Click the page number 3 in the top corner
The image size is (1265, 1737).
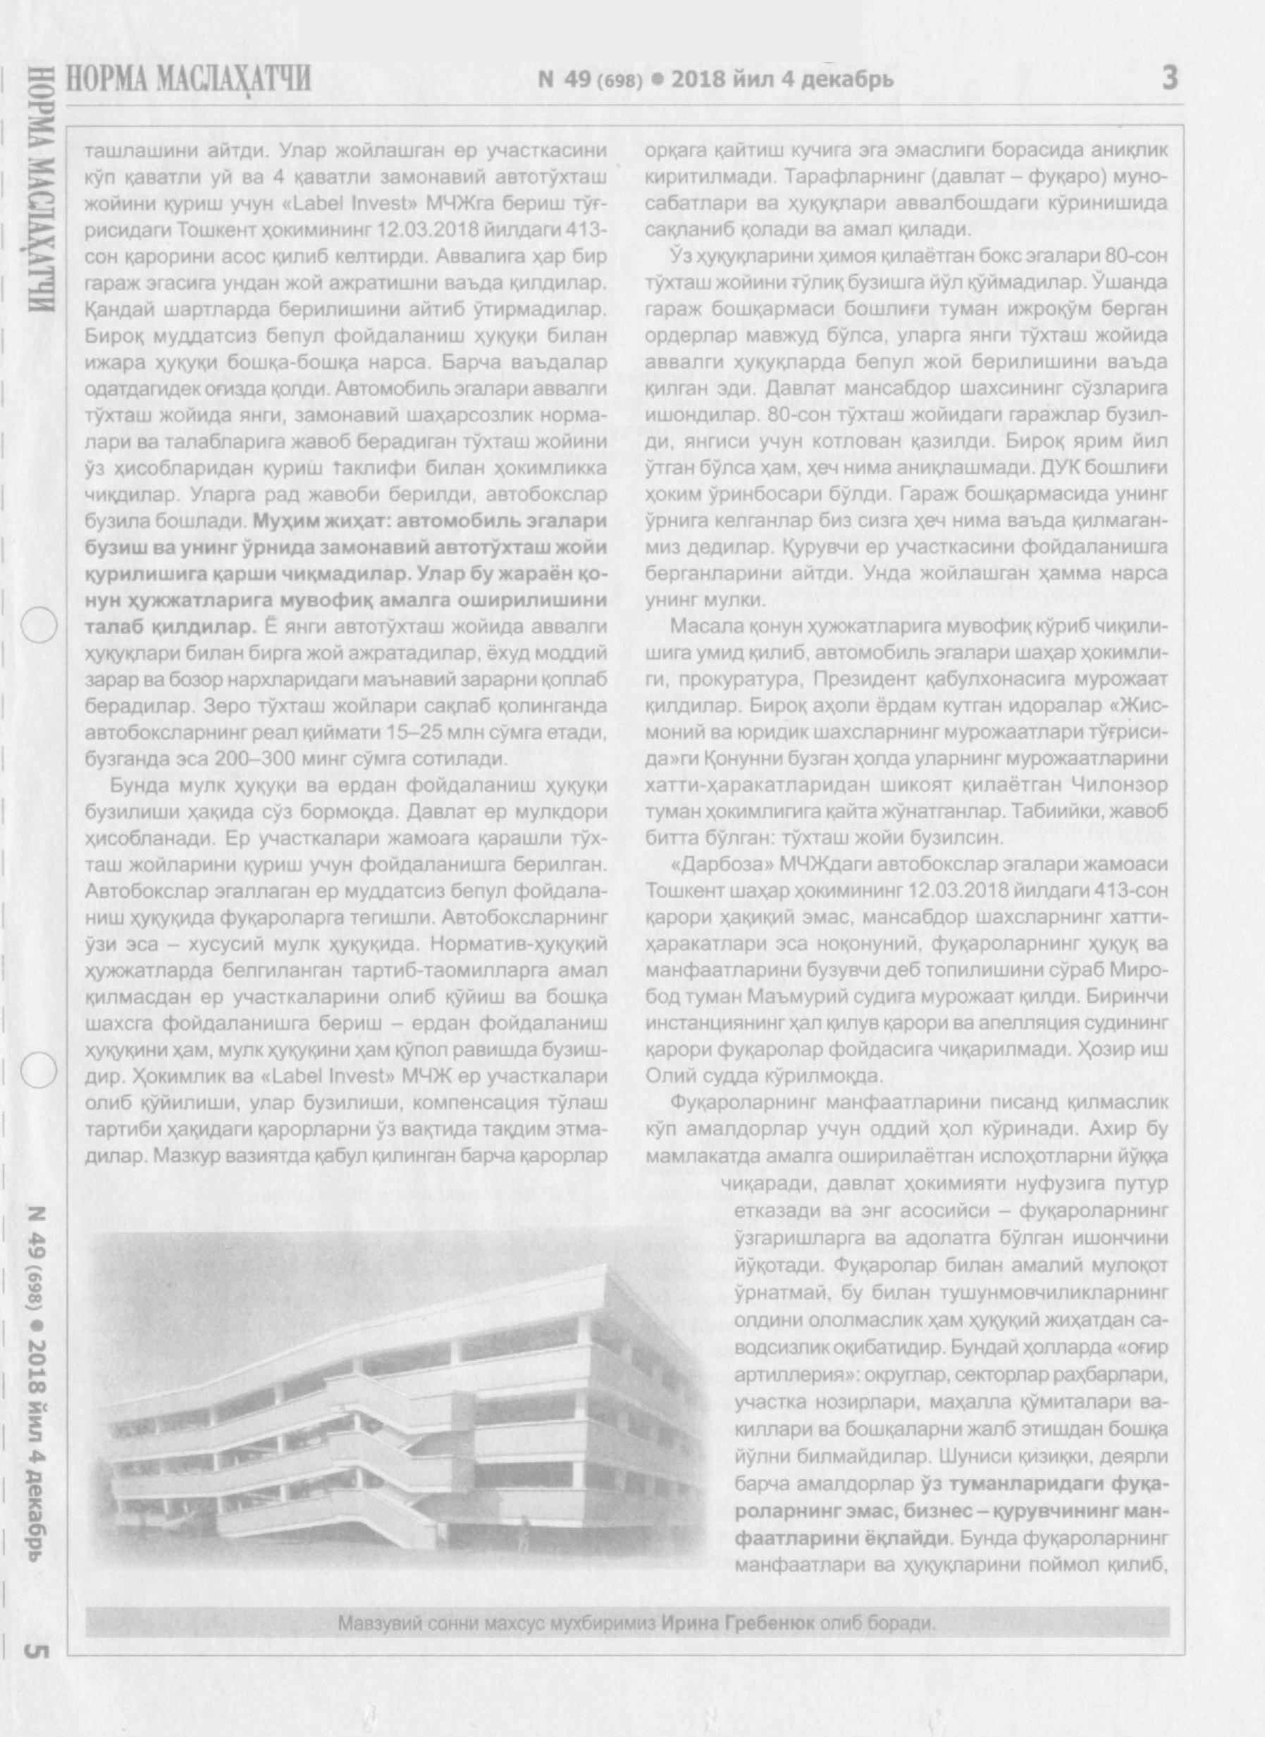point(1169,78)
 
